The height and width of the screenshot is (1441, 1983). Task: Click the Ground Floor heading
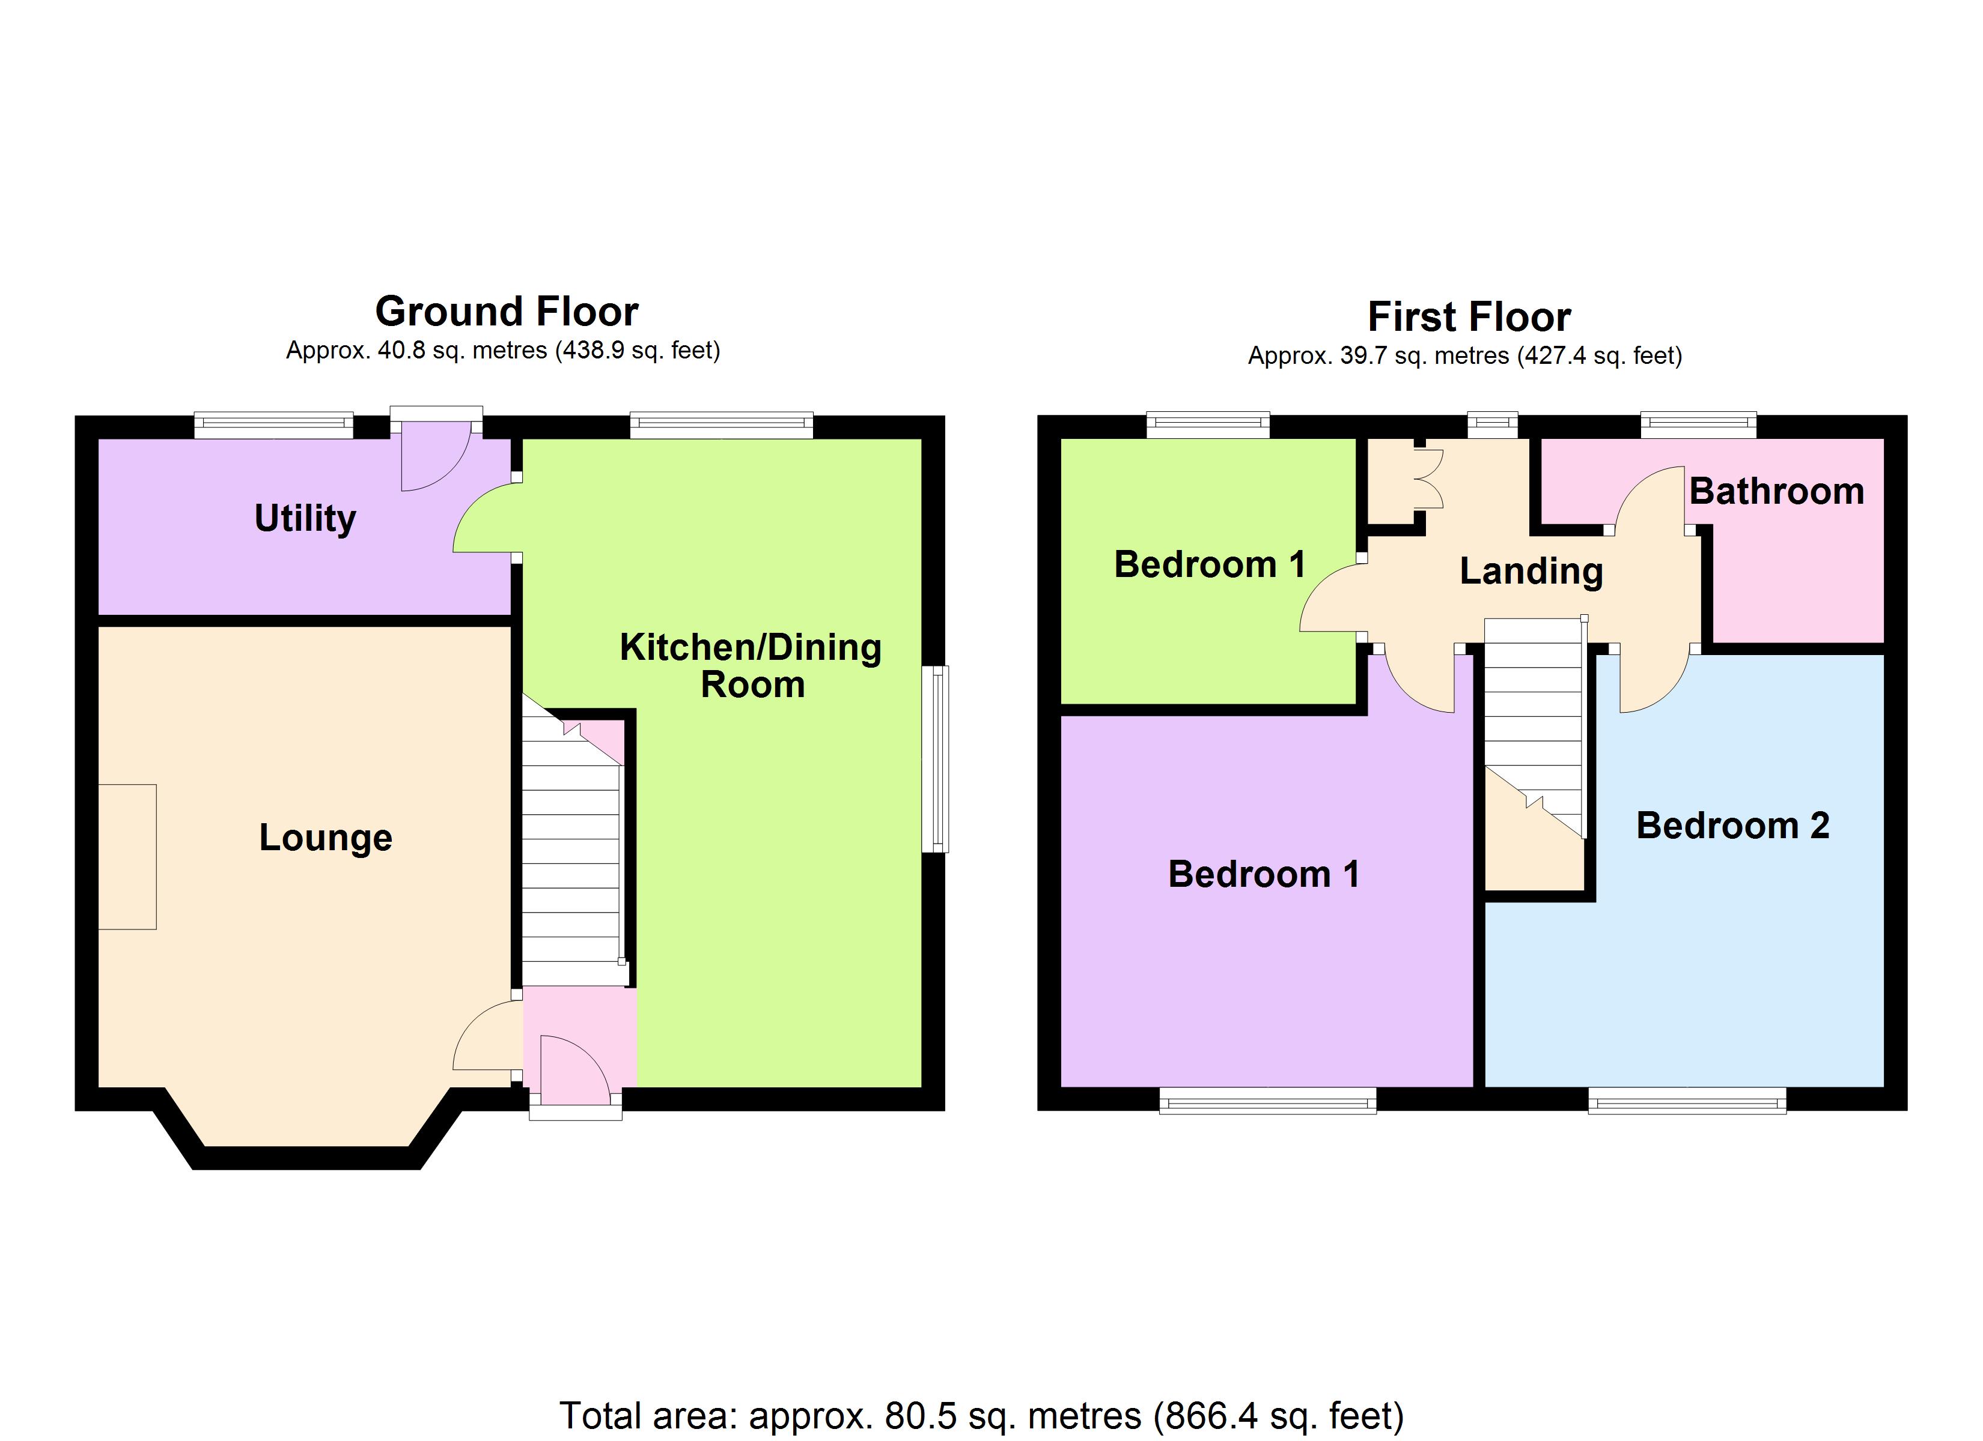(x=506, y=312)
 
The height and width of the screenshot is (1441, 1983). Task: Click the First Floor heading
(x=1468, y=317)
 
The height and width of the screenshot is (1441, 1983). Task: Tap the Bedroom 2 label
(x=1732, y=826)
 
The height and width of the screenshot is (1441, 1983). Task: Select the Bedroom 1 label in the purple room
(x=1264, y=875)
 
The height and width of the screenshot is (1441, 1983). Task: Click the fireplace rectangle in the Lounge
(x=127, y=856)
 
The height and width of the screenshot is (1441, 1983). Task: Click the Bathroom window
(x=1698, y=424)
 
